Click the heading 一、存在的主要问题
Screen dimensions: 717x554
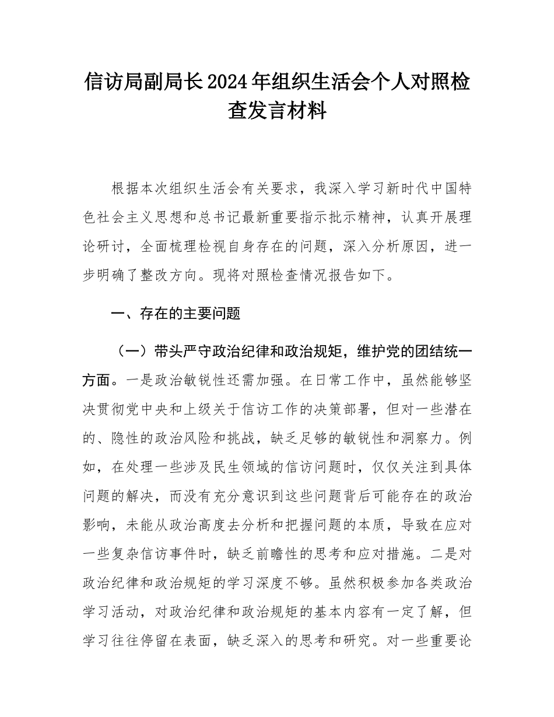pyautogui.click(x=176, y=314)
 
